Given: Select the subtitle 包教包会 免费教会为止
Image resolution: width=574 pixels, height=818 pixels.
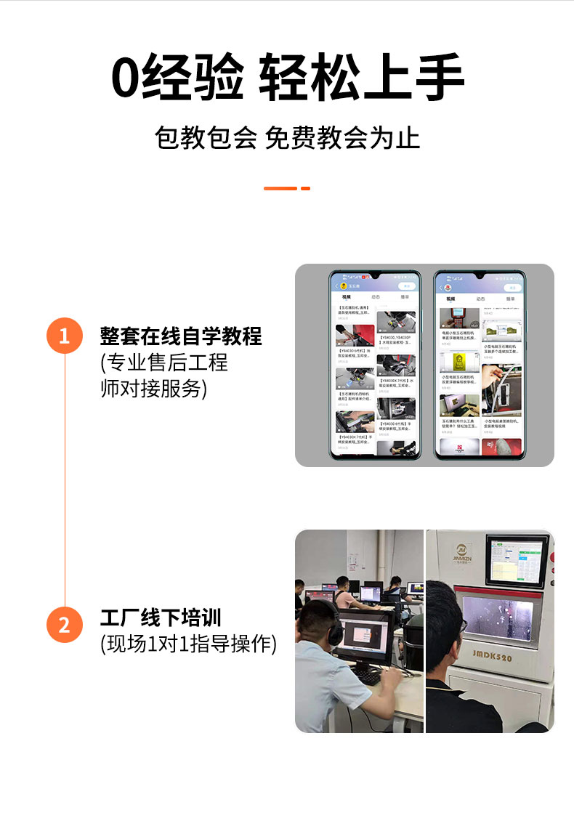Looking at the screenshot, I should pyautogui.click(x=287, y=137).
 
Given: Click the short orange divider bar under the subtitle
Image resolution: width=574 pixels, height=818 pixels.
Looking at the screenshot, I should pyautogui.click(x=286, y=188).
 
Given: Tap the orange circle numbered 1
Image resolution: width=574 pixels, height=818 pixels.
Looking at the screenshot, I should pyautogui.click(x=64, y=336).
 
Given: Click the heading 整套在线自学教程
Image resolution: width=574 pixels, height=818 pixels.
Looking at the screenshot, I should pyautogui.click(x=181, y=336).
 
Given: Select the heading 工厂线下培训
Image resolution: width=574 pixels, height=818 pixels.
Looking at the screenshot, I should pyautogui.click(x=161, y=618).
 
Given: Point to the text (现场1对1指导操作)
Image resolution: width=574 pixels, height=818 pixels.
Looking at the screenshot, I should pyautogui.click(x=188, y=644).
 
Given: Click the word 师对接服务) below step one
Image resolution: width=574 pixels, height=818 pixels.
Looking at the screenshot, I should pyautogui.click(x=153, y=389).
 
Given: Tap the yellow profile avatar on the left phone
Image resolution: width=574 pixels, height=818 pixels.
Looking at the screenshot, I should pyautogui.click(x=344, y=286).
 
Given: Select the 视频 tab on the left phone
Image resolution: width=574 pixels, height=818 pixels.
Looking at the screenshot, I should pyautogui.click(x=346, y=298).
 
